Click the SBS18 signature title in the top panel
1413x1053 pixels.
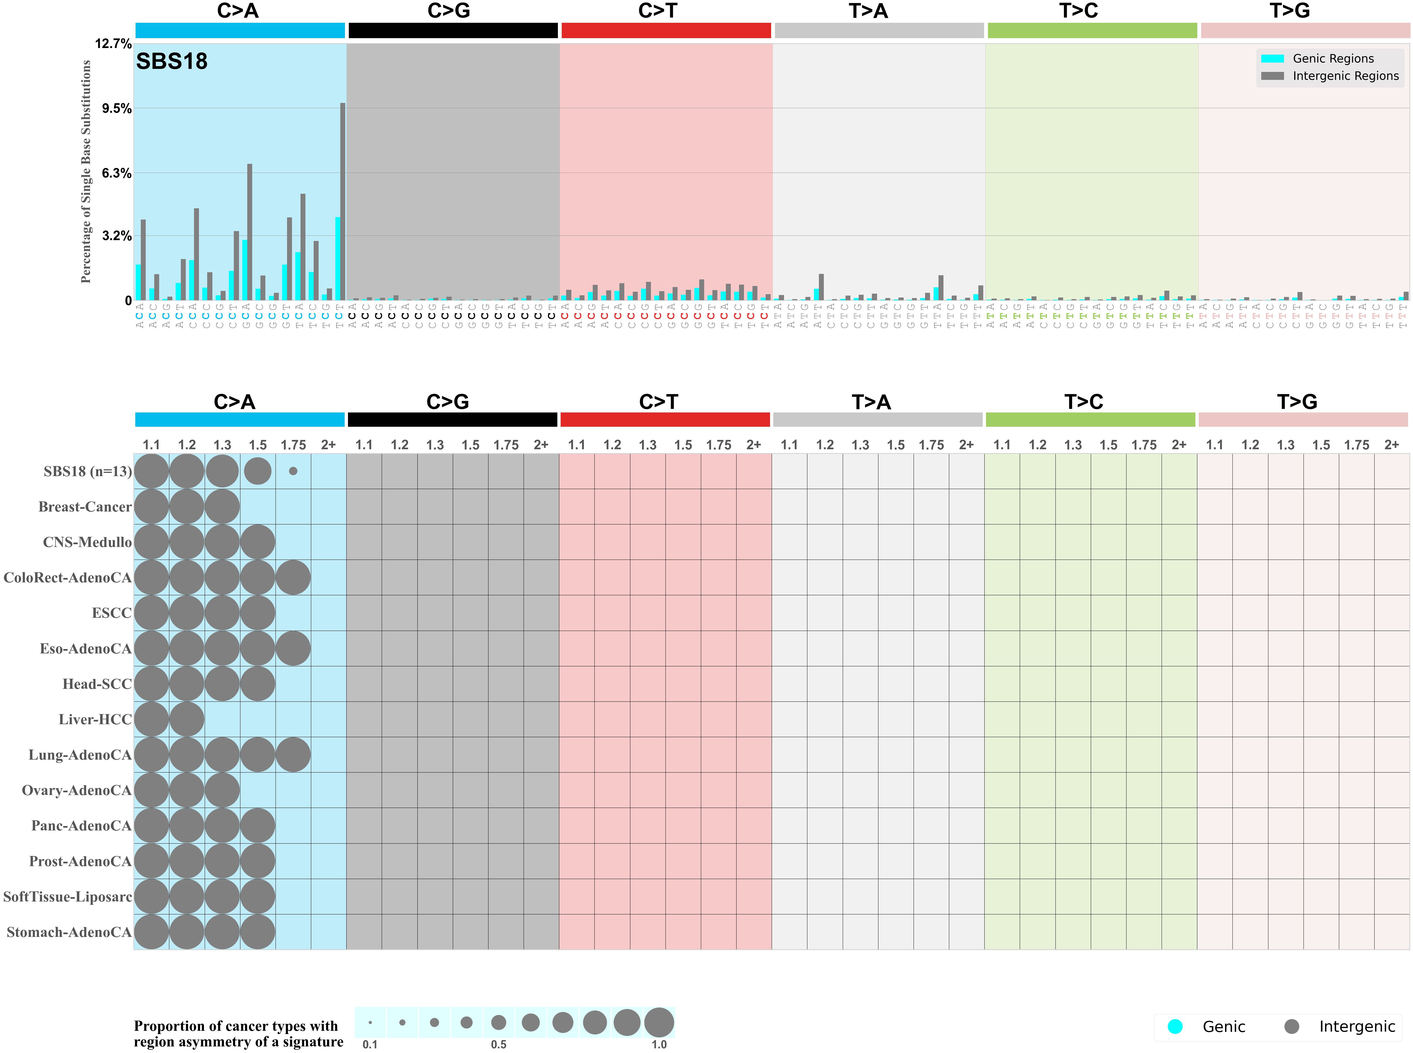pos(172,61)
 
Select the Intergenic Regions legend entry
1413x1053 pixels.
pos(1345,76)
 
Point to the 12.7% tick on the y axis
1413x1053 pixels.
pos(113,44)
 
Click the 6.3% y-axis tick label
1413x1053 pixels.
pos(117,173)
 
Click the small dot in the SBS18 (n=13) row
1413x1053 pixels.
pos(293,471)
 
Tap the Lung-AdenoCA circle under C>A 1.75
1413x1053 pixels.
pos(293,755)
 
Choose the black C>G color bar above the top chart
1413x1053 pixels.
pos(453,30)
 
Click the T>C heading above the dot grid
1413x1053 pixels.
pos(1083,402)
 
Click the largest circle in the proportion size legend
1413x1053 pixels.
pos(659,1023)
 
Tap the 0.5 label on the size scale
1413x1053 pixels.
pos(498,1044)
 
